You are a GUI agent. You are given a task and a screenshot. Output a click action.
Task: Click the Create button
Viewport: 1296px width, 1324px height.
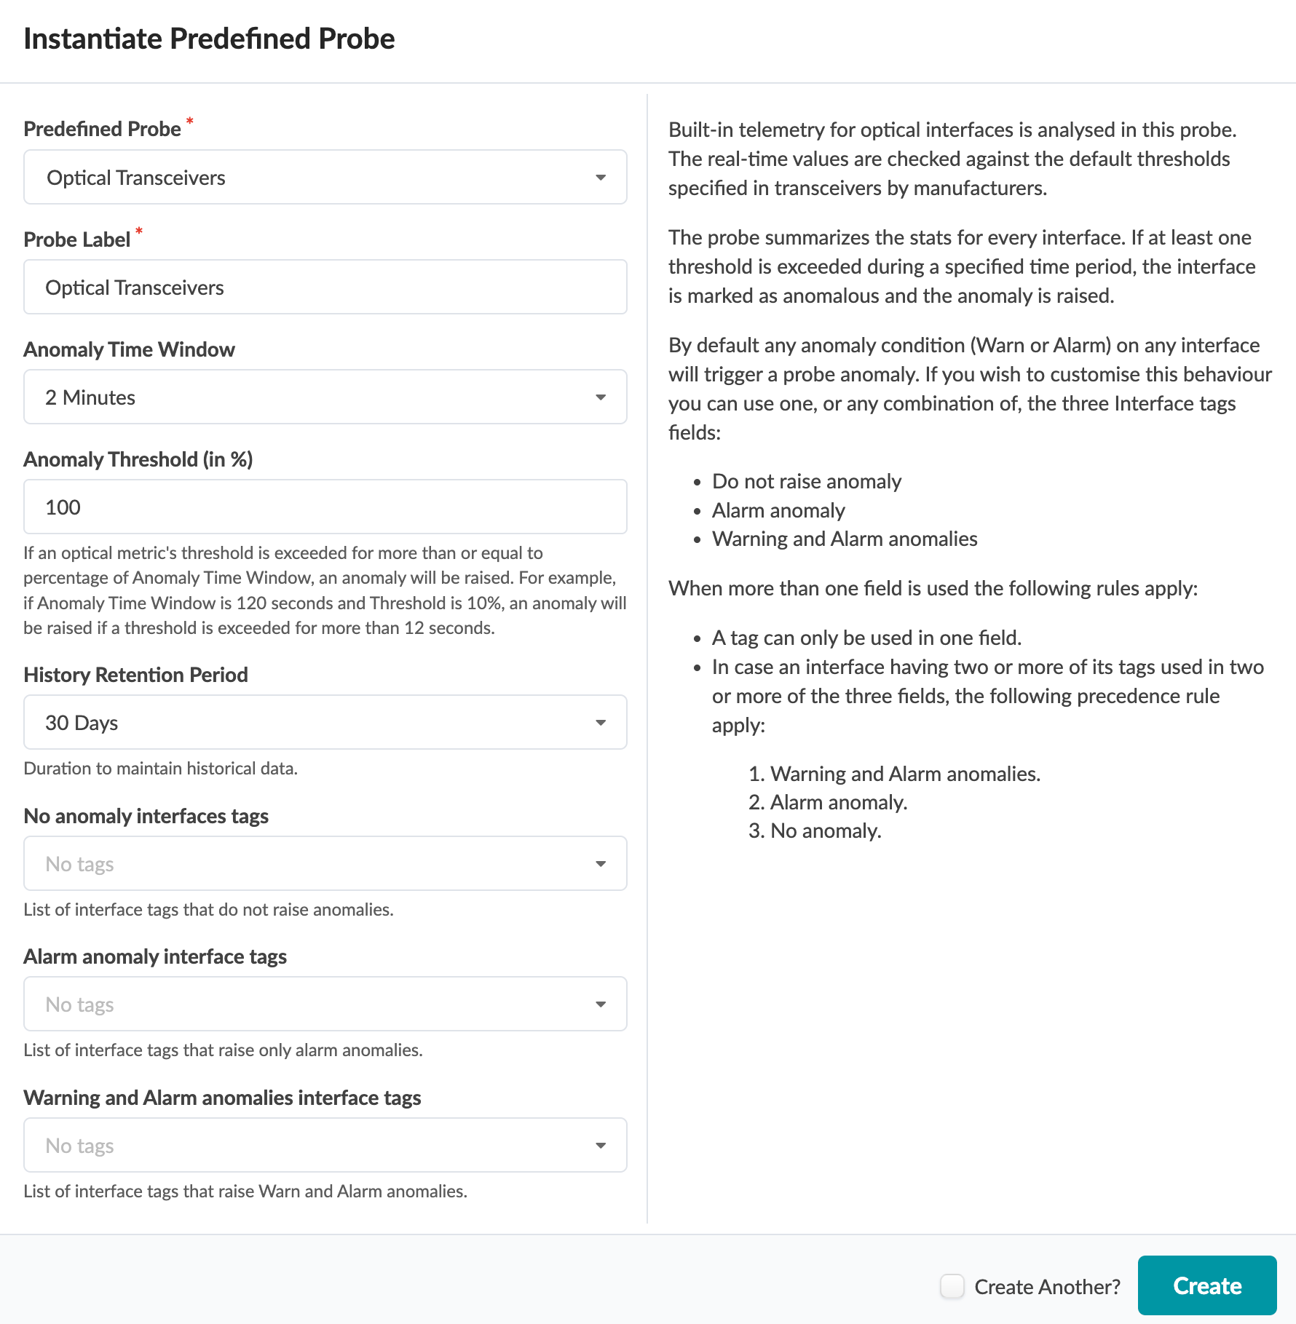(1206, 1285)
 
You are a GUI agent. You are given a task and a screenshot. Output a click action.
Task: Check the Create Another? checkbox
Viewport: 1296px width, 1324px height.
(952, 1286)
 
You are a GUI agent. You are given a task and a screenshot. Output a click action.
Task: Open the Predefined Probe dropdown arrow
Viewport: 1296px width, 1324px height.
(600, 178)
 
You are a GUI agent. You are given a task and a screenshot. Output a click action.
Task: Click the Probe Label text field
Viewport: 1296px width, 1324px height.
(325, 288)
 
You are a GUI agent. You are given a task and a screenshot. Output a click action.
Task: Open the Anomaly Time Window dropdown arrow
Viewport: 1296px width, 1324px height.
(600, 397)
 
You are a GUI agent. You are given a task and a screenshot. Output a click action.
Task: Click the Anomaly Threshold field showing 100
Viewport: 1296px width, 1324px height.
(325, 507)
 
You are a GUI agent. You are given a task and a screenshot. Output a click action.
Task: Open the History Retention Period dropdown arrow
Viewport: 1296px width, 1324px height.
(600, 723)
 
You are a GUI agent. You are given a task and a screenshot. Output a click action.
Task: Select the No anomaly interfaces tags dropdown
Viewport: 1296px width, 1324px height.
(325, 864)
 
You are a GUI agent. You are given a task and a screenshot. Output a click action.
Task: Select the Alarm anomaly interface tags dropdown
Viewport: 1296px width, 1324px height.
(325, 1004)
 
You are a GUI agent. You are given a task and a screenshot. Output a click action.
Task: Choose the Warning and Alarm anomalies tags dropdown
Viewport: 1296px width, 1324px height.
(325, 1146)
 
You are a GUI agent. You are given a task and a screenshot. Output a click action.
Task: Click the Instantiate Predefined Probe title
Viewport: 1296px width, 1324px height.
(209, 39)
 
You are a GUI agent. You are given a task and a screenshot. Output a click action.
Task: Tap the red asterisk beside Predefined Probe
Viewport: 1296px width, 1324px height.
(190, 121)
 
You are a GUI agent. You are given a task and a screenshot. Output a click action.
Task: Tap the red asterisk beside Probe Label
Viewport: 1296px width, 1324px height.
(139, 231)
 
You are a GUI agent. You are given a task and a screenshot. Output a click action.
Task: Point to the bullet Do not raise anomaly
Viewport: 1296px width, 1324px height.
(806, 481)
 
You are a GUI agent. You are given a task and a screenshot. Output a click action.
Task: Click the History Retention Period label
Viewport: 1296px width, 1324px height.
(135, 675)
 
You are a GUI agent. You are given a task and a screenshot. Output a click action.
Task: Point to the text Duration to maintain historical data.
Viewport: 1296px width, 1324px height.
(160, 769)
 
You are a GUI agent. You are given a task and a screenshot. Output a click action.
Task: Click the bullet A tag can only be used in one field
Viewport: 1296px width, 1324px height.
(866, 638)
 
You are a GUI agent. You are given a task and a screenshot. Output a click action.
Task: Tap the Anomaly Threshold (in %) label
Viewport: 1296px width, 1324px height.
(138, 459)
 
